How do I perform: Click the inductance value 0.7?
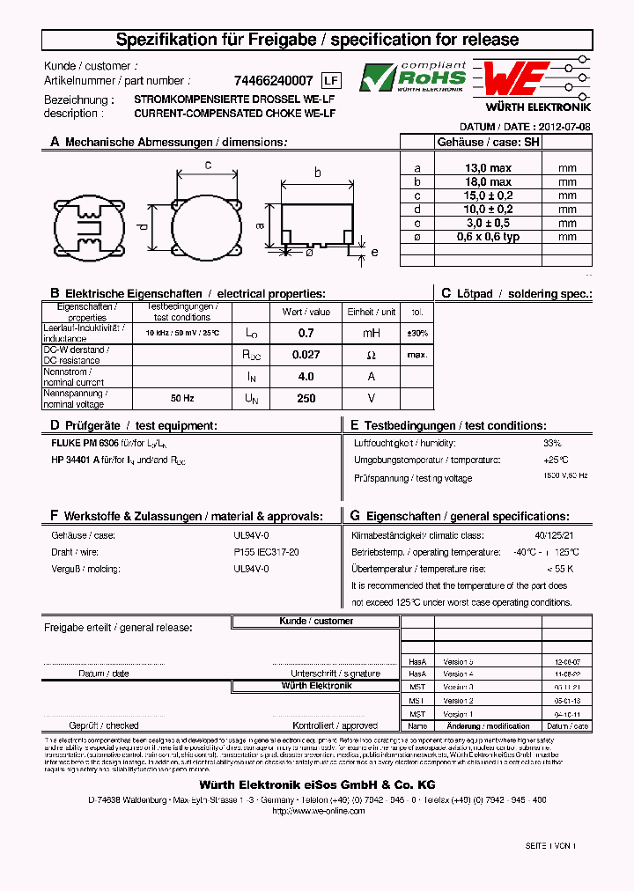306,334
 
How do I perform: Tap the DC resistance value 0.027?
306,355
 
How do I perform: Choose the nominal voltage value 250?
306,399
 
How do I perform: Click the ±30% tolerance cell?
417,334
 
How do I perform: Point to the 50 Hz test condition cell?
182,399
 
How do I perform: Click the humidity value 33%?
552,444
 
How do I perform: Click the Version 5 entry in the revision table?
458,661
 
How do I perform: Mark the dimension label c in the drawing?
207,165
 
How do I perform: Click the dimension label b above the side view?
317,173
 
